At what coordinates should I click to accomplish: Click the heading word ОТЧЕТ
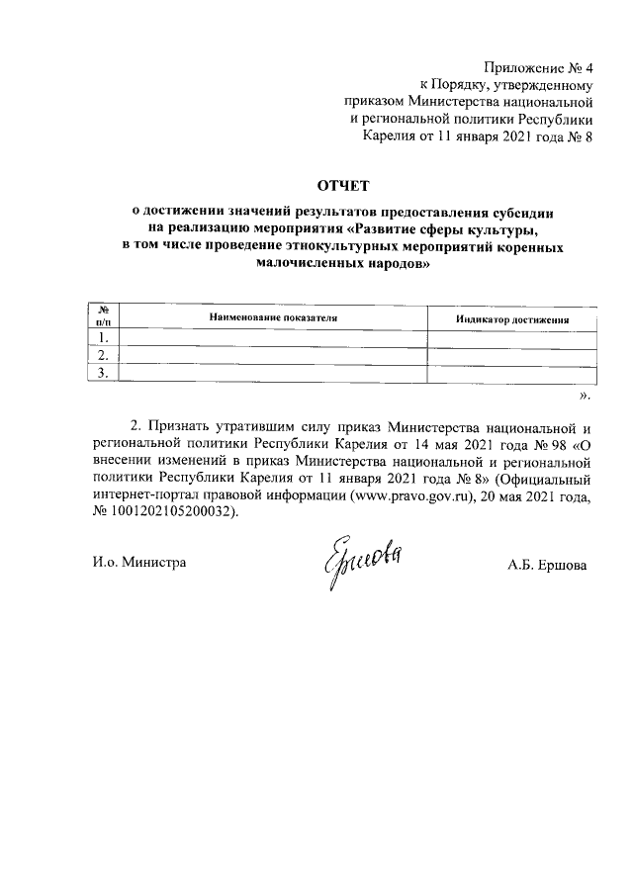click(340, 184)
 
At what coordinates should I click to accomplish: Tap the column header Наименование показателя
click(273, 317)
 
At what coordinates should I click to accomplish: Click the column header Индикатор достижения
click(511, 319)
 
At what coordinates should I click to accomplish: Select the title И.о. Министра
click(137, 563)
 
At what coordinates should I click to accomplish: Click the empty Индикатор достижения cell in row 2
click(511, 355)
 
